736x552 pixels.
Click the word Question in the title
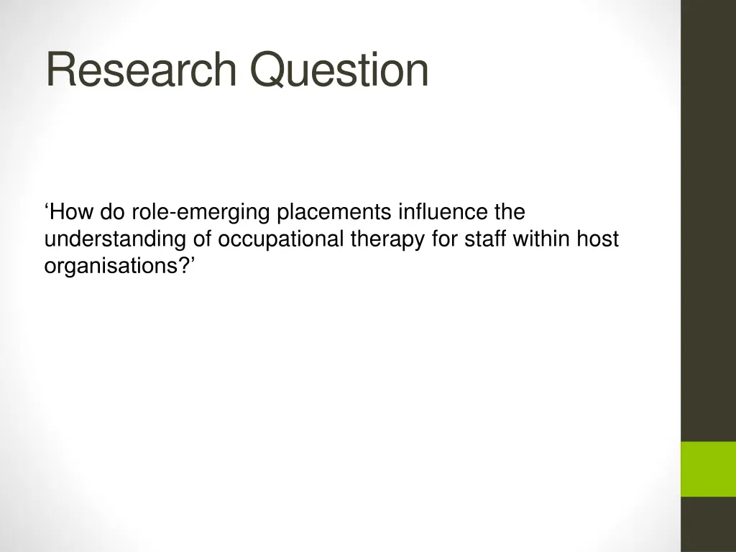click(x=339, y=70)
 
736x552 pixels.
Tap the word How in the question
click(x=71, y=213)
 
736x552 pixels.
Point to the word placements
click(x=334, y=213)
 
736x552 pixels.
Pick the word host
click(x=599, y=239)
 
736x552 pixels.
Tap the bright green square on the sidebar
click(x=708, y=469)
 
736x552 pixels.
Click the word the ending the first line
click(x=509, y=213)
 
